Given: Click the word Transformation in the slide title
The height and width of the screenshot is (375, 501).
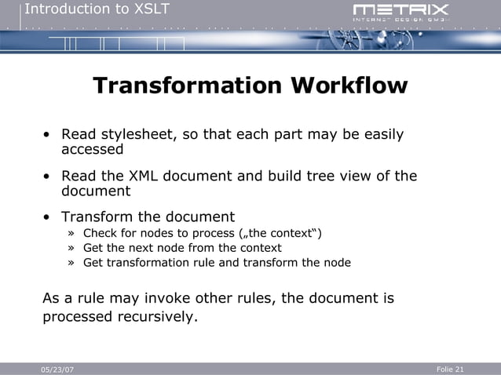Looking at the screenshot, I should pyautogui.click(x=188, y=86).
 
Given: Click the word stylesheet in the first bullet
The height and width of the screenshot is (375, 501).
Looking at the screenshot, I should pyautogui.click(x=137, y=135).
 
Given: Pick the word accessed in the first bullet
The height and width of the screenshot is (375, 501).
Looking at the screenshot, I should pyautogui.click(x=93, y=149).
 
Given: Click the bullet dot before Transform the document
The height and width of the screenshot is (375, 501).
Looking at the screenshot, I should pyautogui.click(x=48, y=217).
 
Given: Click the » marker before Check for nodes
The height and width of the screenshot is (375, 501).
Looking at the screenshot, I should pyautogui.click(x=71, y=234).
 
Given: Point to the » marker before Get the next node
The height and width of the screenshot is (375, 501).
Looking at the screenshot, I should pyautogui.click(x=71, y=248).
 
